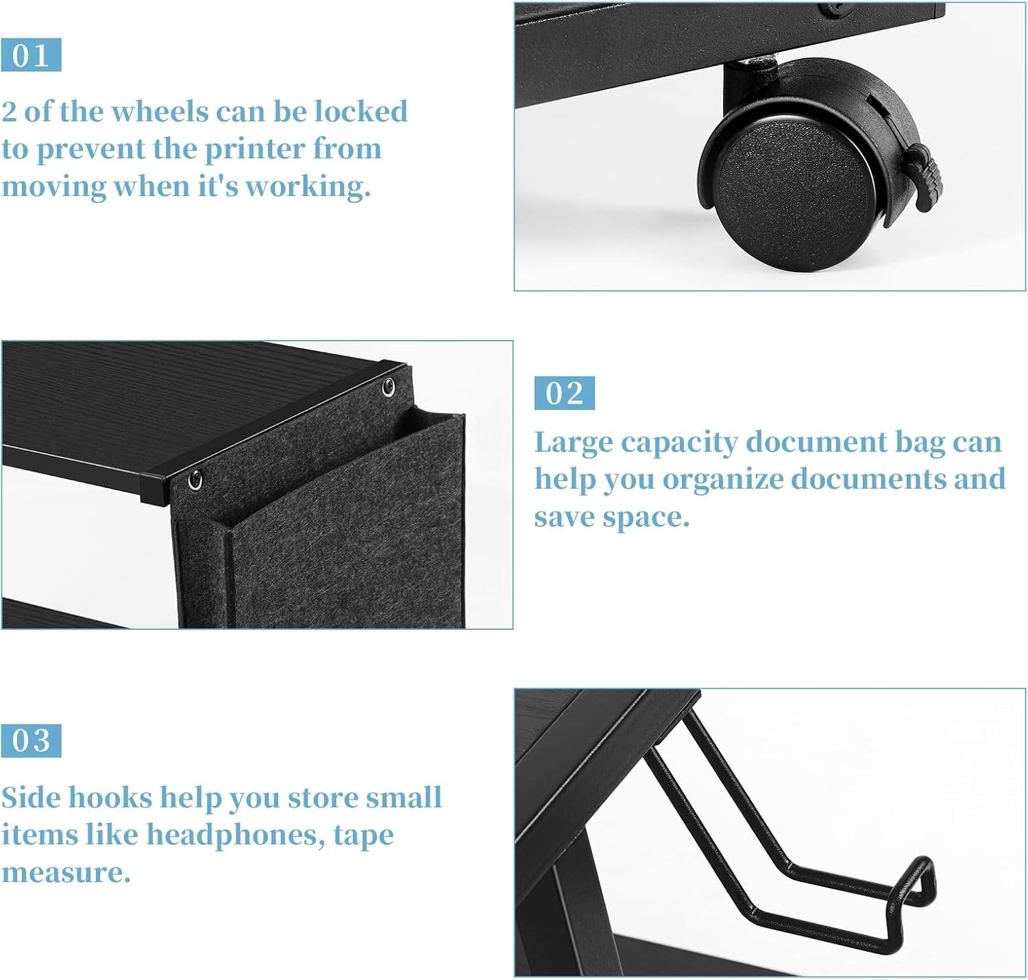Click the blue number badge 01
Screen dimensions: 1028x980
[31, 55]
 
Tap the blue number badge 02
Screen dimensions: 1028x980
[564, 393]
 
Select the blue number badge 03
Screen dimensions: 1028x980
[31, 741]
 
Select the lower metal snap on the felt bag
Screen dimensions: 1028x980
[195, 480]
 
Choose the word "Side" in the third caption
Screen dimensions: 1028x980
[31, 798]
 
